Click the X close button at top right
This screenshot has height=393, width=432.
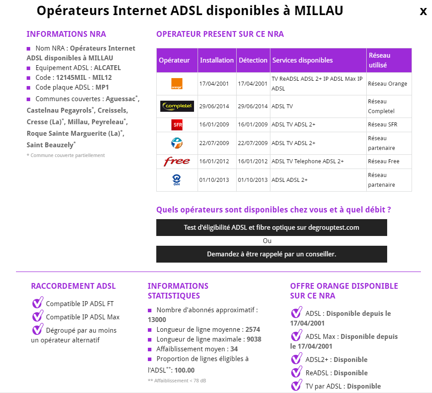tap(423, 12)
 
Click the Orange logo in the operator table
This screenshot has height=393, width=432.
tap(177, 84)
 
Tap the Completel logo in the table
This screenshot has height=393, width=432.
tap(177, 106)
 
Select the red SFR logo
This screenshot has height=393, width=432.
tap(177, 125)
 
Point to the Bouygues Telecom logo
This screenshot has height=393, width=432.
tap(177, 143)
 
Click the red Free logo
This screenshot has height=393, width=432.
tap(177, 161)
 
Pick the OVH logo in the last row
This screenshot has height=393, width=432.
tap(177, 180)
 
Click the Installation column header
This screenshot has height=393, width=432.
tap(217, 60)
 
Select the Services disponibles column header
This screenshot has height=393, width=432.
tap(302, 60)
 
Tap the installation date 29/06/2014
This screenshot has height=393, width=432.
tap(214, 106)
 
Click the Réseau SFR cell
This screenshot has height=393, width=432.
tap(382, 125)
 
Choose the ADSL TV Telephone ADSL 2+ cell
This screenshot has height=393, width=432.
tap(308, 161)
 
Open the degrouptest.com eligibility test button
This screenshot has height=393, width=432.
tap(271, 228)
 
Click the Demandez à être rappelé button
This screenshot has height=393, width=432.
tap(271, 254)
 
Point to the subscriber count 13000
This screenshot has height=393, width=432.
tap(157, 320)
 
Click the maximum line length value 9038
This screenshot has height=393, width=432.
tap(254, 339)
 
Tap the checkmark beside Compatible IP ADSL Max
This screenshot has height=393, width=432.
tap(38, 317)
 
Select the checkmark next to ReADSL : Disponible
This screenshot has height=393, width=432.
tap(297, 373)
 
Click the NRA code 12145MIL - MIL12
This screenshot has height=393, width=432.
tap(84, 78)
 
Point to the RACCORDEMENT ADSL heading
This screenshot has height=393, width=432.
tap(73, 286)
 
